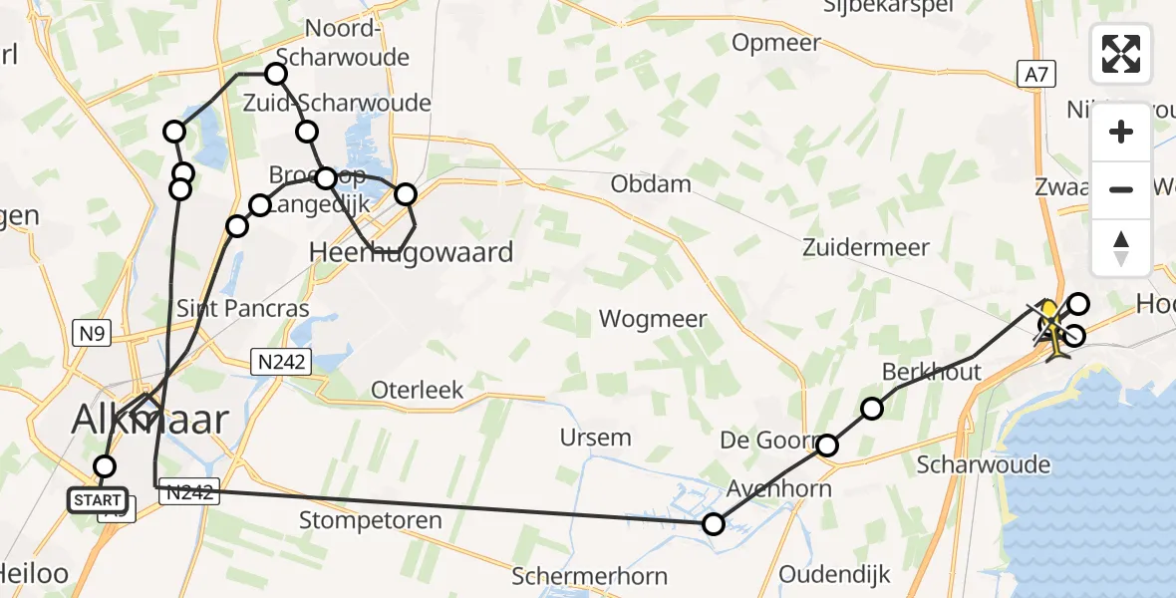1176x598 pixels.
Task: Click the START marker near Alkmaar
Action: (x=98, y=499)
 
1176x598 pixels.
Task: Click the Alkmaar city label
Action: (x=150, y=420)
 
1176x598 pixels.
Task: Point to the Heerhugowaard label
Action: (x=413, y=251)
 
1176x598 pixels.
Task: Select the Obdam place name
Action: (x=651, y=183)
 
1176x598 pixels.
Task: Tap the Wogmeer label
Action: (x=653, y=319)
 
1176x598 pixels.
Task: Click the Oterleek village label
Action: (x=417, y=390)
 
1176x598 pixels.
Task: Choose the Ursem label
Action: (x=595, y=437)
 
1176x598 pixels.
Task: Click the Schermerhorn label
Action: (x=589, y=575)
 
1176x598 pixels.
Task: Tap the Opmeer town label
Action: (x=776, y=43)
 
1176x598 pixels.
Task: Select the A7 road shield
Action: (x=1035, y=72)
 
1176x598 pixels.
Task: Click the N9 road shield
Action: (x=91, y=334)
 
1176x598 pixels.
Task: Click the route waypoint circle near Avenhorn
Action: (x=714, y=523)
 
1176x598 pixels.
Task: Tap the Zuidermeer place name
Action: (x=866, y=247)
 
